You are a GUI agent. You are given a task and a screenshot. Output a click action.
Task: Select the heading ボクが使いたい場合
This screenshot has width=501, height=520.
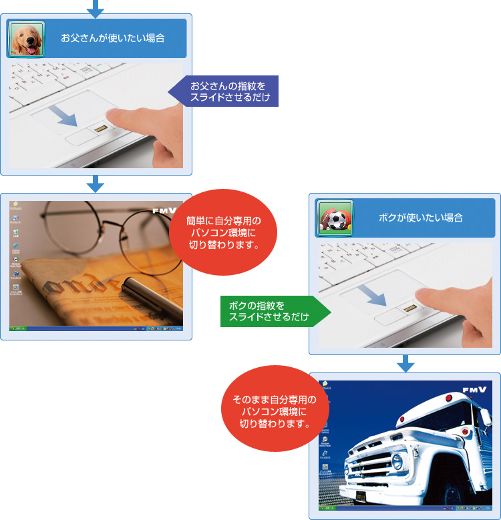(x=420, y=218)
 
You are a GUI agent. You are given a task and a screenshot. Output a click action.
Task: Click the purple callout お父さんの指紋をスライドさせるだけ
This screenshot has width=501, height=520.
(x=226, y=91)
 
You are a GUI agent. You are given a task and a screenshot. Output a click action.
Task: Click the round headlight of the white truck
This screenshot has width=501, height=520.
(x=397, y=461)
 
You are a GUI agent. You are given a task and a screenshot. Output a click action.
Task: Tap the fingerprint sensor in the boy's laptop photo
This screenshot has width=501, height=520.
(x=407, y=309)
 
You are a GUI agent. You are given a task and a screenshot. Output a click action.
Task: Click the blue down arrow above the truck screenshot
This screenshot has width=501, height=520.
(x=405, y=364)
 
